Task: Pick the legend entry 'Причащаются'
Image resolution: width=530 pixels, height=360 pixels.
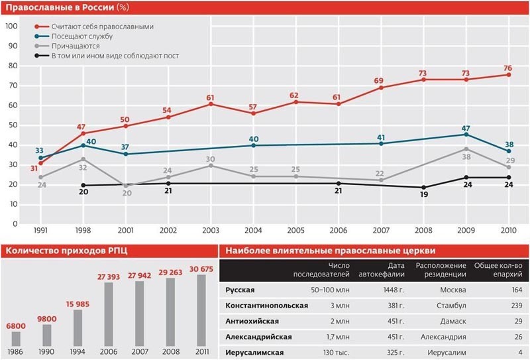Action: [76, 46]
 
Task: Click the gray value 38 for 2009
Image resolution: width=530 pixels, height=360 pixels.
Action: [466, 158]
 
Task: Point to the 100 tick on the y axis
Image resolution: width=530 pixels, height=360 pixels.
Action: [11, 26]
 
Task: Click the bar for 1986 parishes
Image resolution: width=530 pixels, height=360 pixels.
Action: [17, 338]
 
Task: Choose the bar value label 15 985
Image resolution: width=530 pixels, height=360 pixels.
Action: [78, 303]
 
